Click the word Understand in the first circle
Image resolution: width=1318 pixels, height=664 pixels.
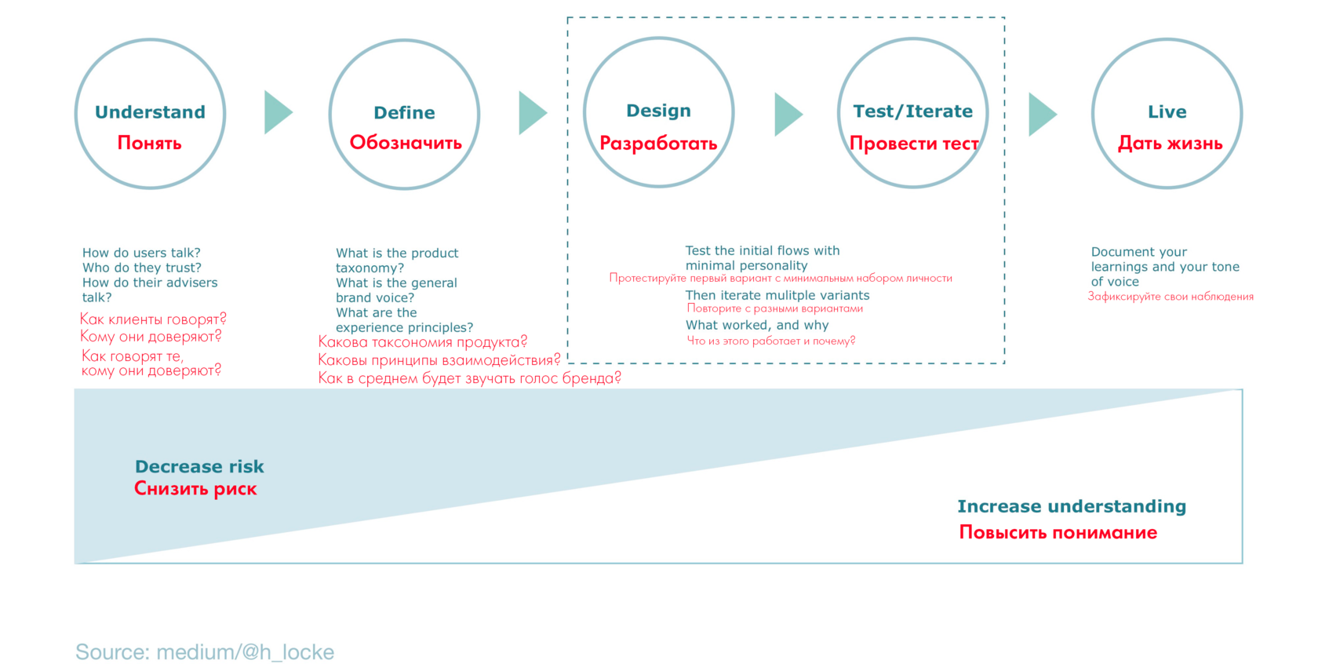click(x=150, y=111)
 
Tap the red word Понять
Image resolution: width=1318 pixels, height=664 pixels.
click(x=149, y=143)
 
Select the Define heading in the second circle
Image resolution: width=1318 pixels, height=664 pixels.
click(x=404, y=112)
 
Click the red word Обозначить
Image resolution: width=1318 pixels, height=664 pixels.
click(x=406, y=143)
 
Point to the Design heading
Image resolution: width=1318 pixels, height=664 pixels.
click(x=658, y=111)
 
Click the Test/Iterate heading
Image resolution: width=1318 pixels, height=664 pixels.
click(x=912, y=111)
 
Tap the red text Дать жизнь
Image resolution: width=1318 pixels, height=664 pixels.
click(x=1170, y=143)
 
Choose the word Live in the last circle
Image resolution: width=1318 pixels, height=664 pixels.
click(x=1167, y=111)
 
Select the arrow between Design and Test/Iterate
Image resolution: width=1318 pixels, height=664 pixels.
click(x=788, y=115)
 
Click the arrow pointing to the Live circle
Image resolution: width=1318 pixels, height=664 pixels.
click(x=1043, y=115)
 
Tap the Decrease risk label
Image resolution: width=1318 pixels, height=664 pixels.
click(x=199, y=467)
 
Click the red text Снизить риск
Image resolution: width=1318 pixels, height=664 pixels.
click(x=195, y=488)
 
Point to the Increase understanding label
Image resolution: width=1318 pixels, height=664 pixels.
click(x=1072, y=506)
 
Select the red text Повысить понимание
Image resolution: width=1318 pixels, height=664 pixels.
click(x=1058, y=532)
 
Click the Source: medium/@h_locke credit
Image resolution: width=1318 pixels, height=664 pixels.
click(x=204, y=651)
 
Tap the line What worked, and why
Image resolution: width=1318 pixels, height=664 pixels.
click(x=756, y=325)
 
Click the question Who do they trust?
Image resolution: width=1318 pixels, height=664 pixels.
click(x=142, y=268)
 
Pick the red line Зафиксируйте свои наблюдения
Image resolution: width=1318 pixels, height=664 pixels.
click(x=1171, y=297)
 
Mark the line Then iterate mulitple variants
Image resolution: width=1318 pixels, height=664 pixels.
click(x=777, y=295)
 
